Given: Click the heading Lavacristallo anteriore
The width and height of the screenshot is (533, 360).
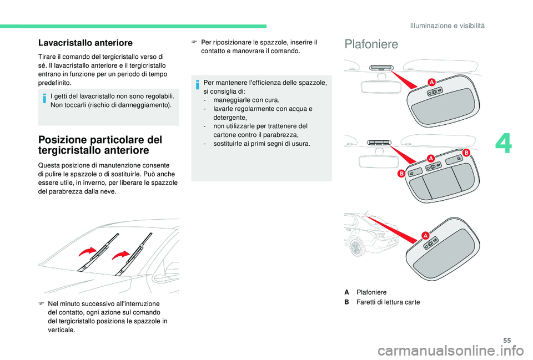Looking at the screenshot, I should click(x=85, y=42).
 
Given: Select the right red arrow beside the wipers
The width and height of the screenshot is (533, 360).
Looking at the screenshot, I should click(x=120, y=255).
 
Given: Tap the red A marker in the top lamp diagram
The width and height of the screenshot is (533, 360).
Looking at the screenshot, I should click(x=430, y=82).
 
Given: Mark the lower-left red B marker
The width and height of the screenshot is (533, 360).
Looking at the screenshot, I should click(x=399, y=174).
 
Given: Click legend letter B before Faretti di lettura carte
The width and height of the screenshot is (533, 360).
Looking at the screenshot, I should click(x=346, y=302).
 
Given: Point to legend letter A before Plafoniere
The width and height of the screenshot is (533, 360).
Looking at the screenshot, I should click(x=346, y=292).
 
